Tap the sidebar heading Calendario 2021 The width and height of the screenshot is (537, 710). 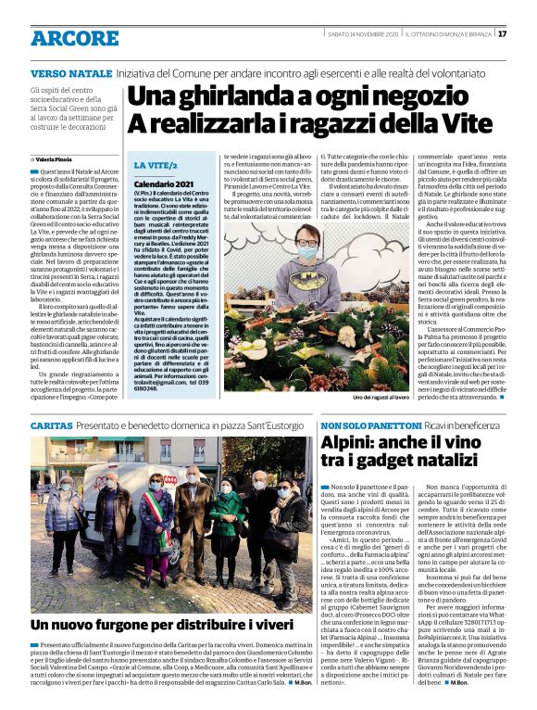tap(163, 185)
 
